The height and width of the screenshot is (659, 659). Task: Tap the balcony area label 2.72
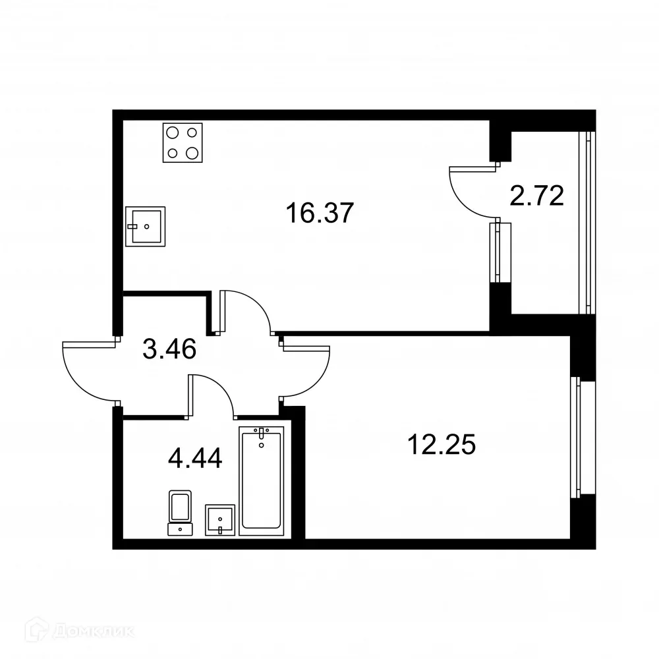pyautogui.click(x=536, y=196)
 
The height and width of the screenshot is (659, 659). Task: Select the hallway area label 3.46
pyautogui.click(x=169, y=349)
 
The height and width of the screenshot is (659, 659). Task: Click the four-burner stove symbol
pyautogui.click(x=182, y=143)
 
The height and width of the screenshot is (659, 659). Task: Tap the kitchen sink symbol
pyautogui.click(x=145, y=226)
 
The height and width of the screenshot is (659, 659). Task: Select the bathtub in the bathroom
pyautogui.click(x=262, y=479)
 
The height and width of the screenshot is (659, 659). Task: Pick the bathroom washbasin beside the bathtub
pyautogui.click(x=220, y=520)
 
